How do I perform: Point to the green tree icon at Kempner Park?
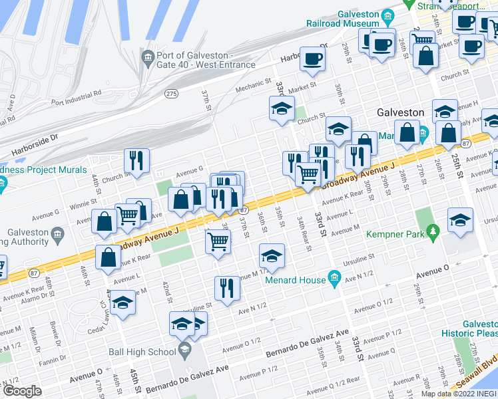pos(433,231)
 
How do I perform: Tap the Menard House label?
pos(294,280)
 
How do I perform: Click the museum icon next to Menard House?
pos(334,276)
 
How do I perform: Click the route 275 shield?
pos(172,94)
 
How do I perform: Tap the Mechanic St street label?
pos(254,89)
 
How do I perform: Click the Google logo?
pos(22,391)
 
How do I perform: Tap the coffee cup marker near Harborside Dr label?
pos(312,59)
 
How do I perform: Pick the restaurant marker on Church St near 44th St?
pos(136,160)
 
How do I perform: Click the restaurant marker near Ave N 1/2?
pos(227,288)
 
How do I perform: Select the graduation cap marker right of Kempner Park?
pos(460,220)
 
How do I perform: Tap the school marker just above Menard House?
pos(272,255)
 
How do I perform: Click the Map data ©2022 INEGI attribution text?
pos(458,394)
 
